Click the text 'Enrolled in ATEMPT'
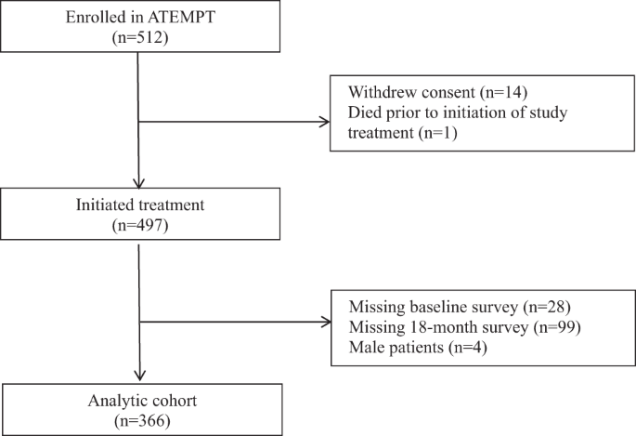click(137, 17)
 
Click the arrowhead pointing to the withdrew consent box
click(325, 122)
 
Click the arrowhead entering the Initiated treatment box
click(137, 183)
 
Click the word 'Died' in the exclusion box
click(365, 113)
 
